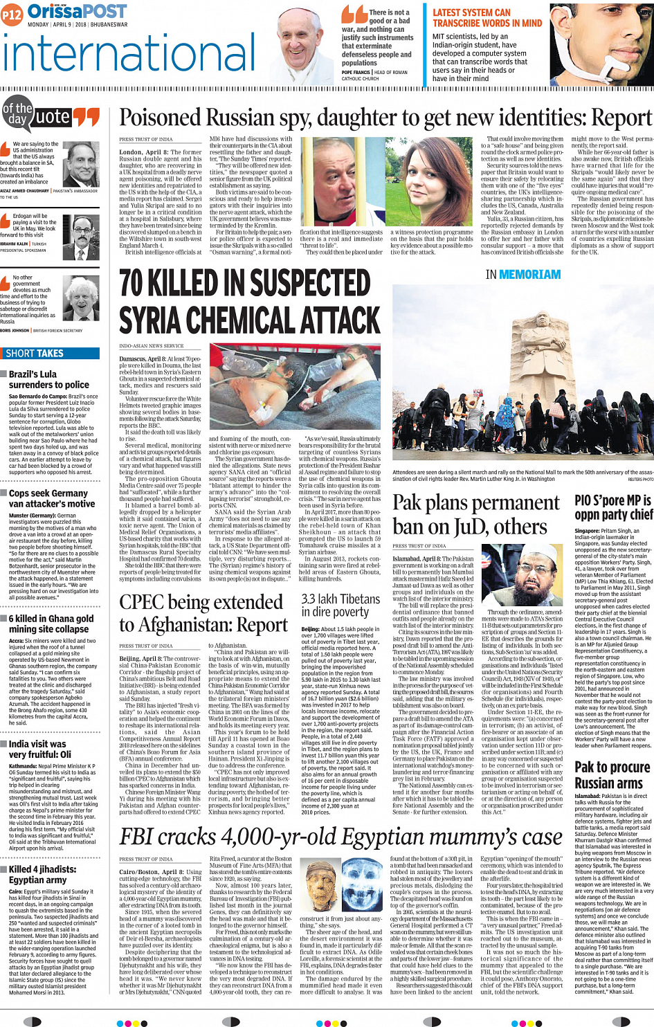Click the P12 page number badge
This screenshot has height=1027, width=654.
pos(12,14)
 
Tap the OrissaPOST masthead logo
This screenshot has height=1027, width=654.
pos(76,12)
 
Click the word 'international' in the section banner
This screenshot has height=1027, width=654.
pos(119,57)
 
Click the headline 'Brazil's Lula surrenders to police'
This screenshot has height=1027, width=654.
pos(48,379)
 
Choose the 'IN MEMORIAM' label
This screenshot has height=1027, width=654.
pos(523,275)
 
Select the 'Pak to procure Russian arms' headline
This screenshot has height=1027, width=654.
pos(612,775)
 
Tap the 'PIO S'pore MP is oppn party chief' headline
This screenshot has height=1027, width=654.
pos(612,507)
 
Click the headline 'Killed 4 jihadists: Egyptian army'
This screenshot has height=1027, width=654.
pos(42,875)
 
